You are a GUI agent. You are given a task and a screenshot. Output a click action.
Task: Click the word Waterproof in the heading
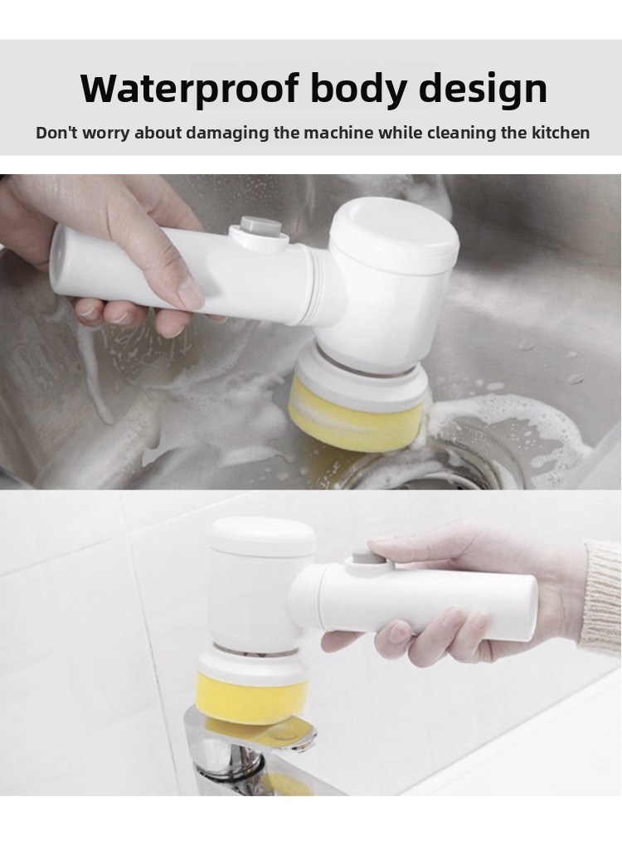(189, 88)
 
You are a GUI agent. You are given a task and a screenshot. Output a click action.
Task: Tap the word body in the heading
(357, 88)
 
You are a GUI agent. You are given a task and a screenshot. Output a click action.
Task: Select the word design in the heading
(483, 89)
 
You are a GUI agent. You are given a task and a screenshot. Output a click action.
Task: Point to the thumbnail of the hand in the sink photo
(191, 293)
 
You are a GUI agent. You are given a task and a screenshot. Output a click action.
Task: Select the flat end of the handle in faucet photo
(527, 608)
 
